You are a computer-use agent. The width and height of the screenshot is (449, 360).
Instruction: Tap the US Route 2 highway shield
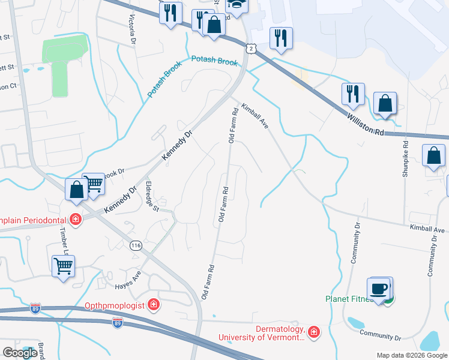250,46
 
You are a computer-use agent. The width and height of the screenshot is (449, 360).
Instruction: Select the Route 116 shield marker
135,245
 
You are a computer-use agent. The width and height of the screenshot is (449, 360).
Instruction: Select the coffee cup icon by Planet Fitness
379,289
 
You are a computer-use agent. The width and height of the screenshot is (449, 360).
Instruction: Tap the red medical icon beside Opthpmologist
154,305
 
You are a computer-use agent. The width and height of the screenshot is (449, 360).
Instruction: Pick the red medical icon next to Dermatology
314,331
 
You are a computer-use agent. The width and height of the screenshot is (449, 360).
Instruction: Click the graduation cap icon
237,5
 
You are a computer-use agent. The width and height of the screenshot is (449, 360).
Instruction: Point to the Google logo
20,353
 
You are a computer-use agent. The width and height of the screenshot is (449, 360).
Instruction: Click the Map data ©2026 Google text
411,355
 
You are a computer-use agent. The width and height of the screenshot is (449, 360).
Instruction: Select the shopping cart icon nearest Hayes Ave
63,265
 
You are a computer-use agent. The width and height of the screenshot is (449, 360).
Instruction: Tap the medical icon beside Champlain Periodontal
75,219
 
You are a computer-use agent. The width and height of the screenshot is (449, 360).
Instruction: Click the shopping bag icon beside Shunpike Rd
433,156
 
